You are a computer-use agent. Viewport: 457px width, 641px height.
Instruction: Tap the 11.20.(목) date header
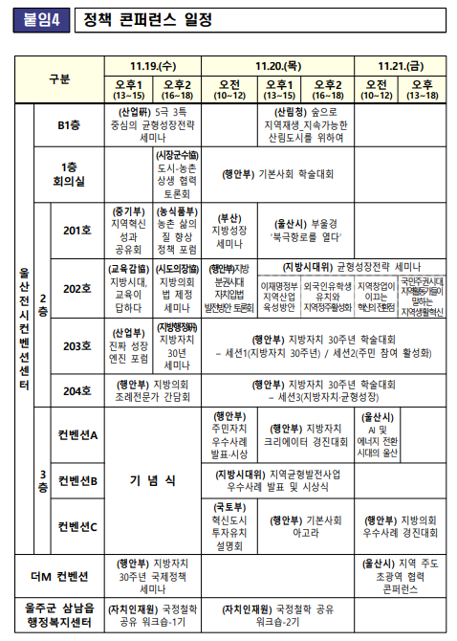[x=279, y=66]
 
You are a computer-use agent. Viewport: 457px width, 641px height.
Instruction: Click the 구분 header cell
[x=59, y=79]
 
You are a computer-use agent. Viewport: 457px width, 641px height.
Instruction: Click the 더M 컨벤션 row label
[x=59, y=576]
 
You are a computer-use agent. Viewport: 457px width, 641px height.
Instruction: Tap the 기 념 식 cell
[x=153, y=480]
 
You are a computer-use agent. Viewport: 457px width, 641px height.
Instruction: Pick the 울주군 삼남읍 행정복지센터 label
[x=59, y=615]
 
